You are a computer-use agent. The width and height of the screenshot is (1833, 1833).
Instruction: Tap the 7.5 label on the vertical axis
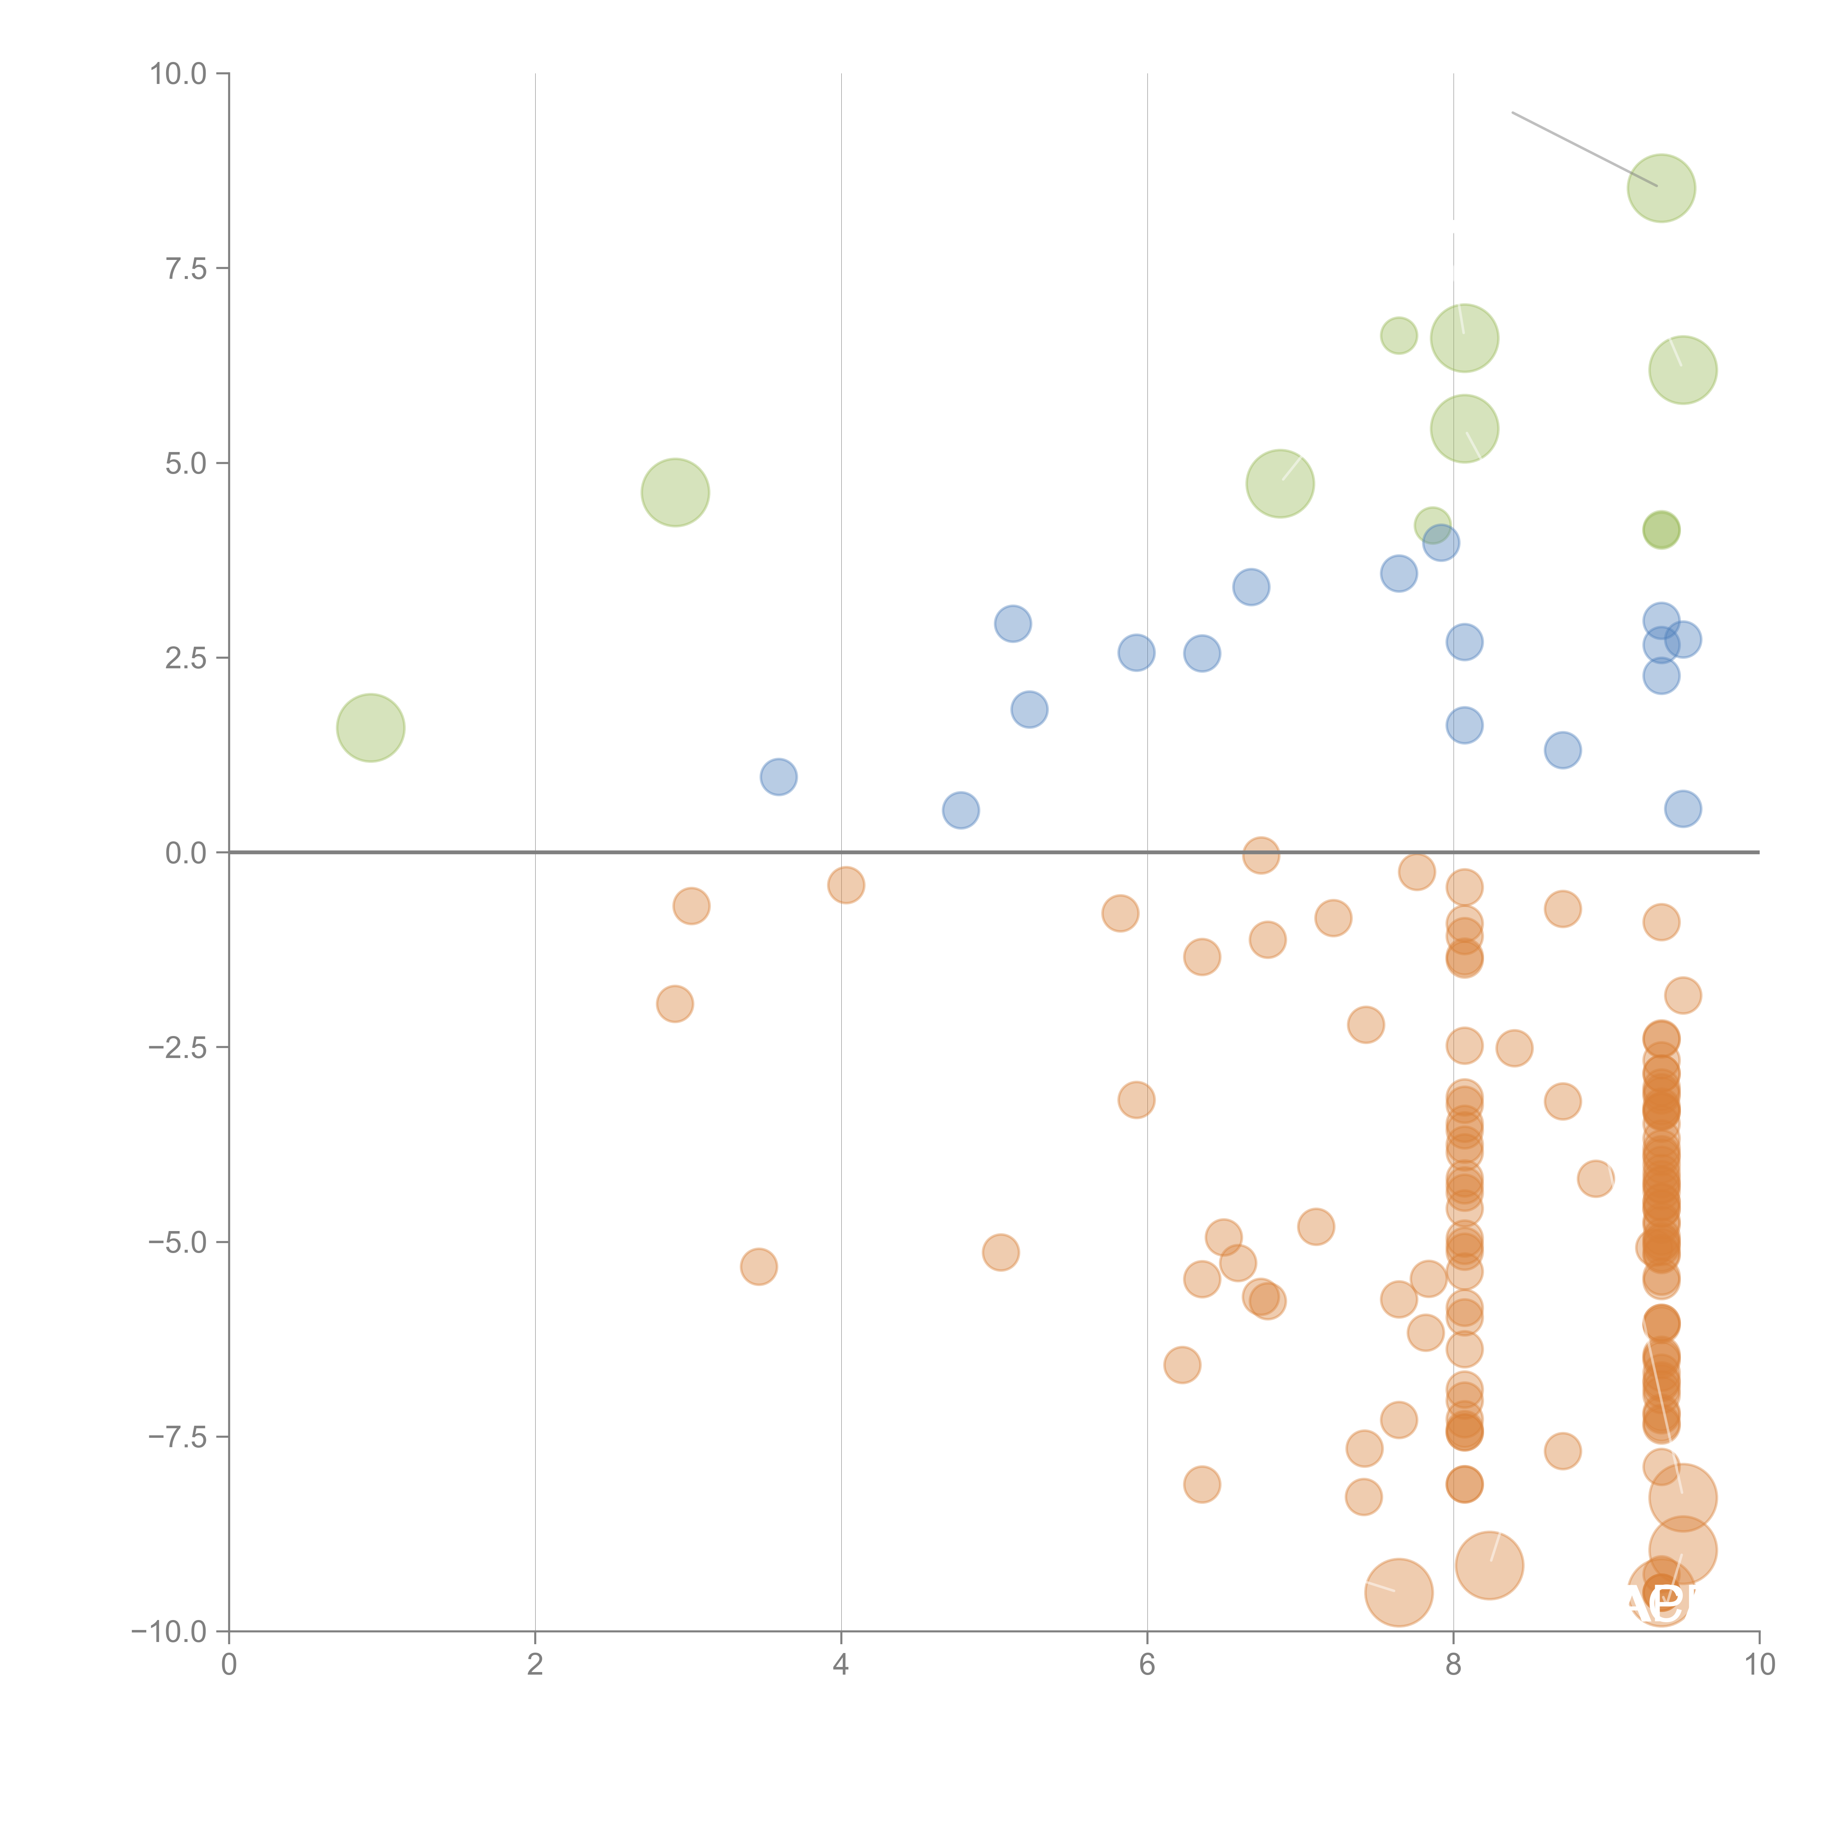186,268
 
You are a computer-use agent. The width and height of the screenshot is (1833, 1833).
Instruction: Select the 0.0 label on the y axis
186,853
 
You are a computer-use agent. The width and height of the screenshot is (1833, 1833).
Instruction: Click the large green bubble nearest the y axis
371,728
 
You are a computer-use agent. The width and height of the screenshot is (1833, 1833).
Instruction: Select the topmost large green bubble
1661,188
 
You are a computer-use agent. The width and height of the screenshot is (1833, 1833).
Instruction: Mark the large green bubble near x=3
676,492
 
